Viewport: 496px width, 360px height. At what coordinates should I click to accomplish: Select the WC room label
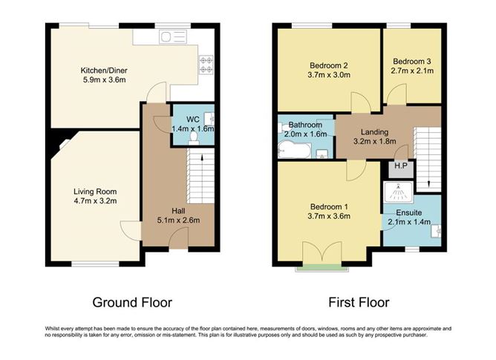tap(192, 119)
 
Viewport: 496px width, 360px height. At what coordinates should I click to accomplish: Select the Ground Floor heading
tap(132, 302)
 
